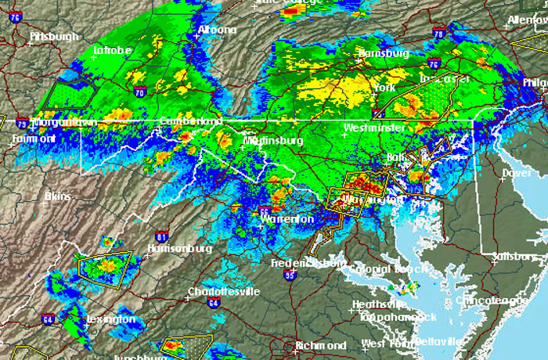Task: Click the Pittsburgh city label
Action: (x=54, y=37)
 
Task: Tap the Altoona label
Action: (x=216, y=30)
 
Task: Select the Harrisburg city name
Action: (x=383, y=53)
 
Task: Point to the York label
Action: (x=385, y=88)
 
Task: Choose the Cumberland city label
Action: (x=190, y=121)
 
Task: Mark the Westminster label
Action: (x=374, y=127)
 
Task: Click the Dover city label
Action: (x=516, y=172)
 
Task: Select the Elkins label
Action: (x=58, y=196)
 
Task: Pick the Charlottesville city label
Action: (x=223, y=292)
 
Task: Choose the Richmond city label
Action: (x=321, y=345)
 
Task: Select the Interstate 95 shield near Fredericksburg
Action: (x=290, y=275)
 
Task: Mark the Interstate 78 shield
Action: (x=438, y=34)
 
